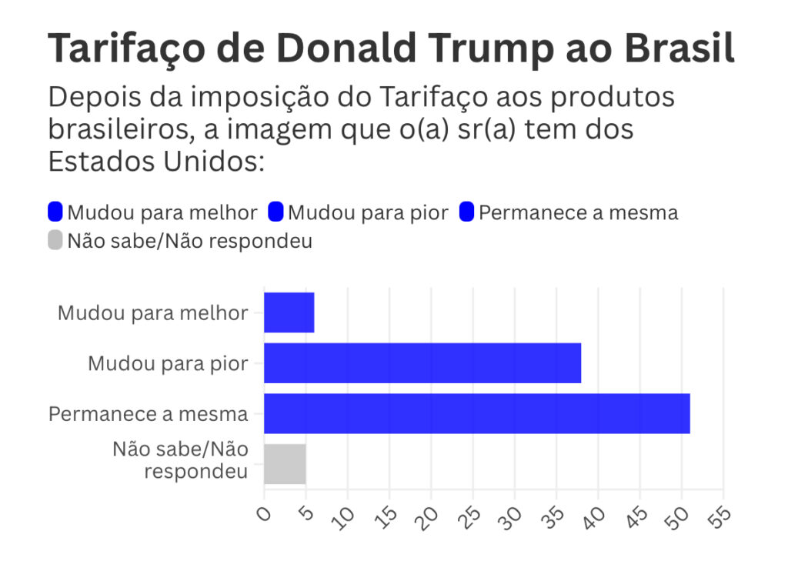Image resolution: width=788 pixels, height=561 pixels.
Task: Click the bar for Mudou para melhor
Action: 289,312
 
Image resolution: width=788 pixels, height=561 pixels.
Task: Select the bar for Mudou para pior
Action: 422,363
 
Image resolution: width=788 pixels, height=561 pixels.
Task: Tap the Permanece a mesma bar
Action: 476,413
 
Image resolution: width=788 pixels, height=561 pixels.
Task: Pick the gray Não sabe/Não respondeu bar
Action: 285,464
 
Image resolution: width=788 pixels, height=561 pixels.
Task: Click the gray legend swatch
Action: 55,241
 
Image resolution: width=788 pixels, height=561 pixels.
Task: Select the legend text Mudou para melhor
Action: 162,212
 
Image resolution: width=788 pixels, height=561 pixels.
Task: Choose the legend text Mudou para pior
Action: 368,212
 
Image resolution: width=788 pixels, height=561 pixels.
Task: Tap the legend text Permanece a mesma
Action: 578,212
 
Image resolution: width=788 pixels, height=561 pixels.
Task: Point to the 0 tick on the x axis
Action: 265,513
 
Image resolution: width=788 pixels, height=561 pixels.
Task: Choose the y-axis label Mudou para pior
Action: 168,363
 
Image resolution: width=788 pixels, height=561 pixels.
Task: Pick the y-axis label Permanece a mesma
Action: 148,414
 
